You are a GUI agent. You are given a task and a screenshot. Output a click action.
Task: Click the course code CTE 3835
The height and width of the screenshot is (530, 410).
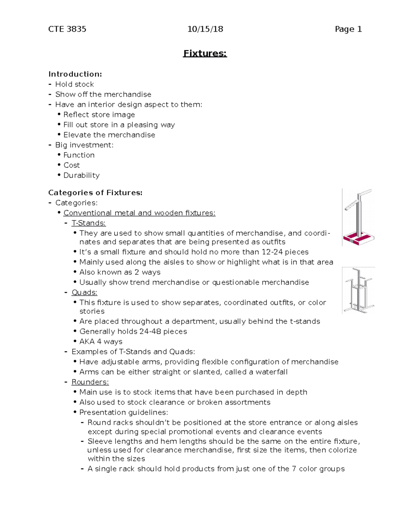click(67, 29)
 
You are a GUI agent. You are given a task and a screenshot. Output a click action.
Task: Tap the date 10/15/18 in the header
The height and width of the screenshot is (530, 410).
click(205, 29)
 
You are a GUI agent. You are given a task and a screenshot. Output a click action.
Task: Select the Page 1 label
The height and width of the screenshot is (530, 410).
click(348, 29)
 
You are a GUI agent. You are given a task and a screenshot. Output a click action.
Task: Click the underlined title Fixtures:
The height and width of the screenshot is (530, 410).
click(205, 54)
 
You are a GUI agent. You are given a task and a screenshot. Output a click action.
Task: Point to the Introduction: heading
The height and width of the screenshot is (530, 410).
click(75, 74)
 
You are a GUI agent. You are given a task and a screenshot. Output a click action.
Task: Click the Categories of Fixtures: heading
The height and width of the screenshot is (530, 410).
click(95, 192)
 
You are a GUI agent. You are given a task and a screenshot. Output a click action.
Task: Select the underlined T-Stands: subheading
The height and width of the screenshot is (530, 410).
click(88, 223)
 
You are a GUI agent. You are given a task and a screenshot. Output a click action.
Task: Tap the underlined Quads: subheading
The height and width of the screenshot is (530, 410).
click(84, 292)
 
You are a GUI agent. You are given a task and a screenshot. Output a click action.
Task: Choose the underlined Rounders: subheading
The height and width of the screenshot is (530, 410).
click(90, 382)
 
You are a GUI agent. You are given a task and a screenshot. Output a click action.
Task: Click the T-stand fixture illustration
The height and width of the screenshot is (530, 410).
click(358, 217)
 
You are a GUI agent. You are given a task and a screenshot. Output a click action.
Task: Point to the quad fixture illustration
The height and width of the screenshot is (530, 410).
click(358, 290)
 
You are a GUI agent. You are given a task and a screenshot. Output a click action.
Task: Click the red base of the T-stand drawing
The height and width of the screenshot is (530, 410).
click(358, 238)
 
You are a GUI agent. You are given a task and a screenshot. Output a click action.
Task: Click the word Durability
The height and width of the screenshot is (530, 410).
click(81, 175)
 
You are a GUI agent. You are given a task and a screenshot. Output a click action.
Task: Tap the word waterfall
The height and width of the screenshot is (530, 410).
click(272, 372)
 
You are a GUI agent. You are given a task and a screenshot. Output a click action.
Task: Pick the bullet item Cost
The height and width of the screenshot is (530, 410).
click(71, 165)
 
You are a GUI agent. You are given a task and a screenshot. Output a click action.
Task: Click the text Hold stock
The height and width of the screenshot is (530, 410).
click(74, 84)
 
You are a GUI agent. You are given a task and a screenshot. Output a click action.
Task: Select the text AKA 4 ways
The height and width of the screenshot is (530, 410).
click(101, 342)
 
